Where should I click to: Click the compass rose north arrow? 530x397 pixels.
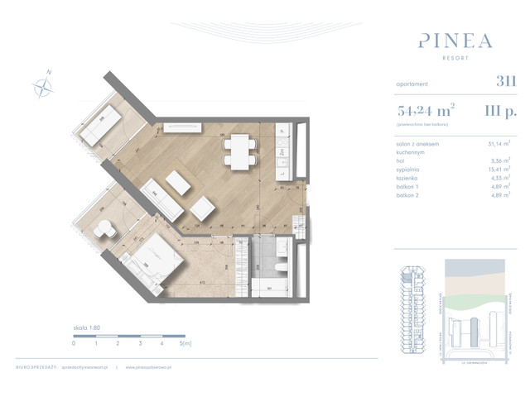point(43,84)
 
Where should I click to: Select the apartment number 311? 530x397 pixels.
point(506,81)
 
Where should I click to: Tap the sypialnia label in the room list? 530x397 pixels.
point(410,168)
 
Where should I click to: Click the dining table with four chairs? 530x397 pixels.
point(238,151)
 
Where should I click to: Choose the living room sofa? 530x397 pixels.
point(162,199)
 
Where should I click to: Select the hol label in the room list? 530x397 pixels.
point(402,160)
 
